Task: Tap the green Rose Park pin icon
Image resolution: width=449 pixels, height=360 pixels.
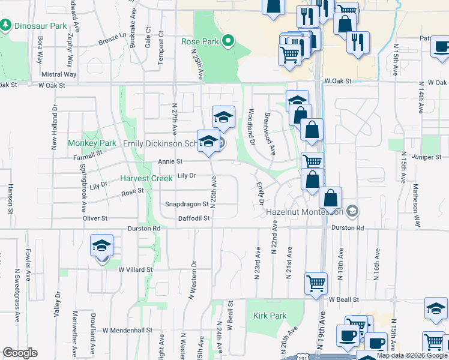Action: pyautogui.click(x=228, y=41)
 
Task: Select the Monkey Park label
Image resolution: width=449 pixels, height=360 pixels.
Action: pyautogui.click(x=91, y=143)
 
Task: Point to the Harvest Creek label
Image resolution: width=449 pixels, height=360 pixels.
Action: pyautogui.click(x=145, y=179)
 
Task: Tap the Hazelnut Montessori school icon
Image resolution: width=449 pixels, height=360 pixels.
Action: pyautogui.click(x=353, y=211)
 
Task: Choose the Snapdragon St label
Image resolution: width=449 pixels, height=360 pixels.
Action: pyautogui.click(x=187, y=204)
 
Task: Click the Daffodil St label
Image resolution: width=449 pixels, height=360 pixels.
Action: pyautogui.click(x=194, y=218)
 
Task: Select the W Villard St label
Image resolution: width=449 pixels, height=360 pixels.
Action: pyautogui.click(x=135, y=270)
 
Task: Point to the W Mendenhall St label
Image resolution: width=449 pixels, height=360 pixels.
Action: pyautogui.click(x=130, y=331)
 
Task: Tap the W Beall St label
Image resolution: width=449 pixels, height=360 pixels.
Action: pyautogui.click(x=343, y=299)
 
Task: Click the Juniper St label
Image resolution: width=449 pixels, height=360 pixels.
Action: pyautogui.click(x=428, y=157)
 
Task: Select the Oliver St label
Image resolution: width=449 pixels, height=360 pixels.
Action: pyautogui.click(x=95, y=218)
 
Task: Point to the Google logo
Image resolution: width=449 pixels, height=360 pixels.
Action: pyautogui.click(x=20, y=353)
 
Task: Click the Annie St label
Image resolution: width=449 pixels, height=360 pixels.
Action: pyautogui.click(x=170, y=161)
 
